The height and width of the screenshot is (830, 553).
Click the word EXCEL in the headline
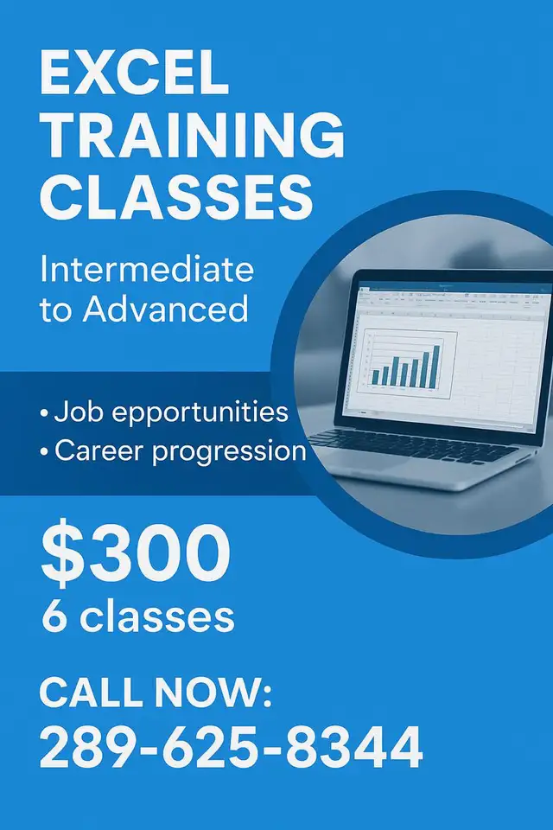(x=135, y=73)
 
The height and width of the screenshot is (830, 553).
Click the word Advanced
(x=165, y=309)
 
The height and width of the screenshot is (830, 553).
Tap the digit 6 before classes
(x=54, y=616)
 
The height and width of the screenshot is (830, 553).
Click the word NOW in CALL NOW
(x=213, y=692)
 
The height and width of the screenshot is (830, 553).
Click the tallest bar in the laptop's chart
(x=436, y=367)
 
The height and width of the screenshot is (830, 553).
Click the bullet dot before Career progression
(x=44, y=452)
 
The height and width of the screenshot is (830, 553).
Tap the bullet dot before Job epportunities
(x=44, y=413)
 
